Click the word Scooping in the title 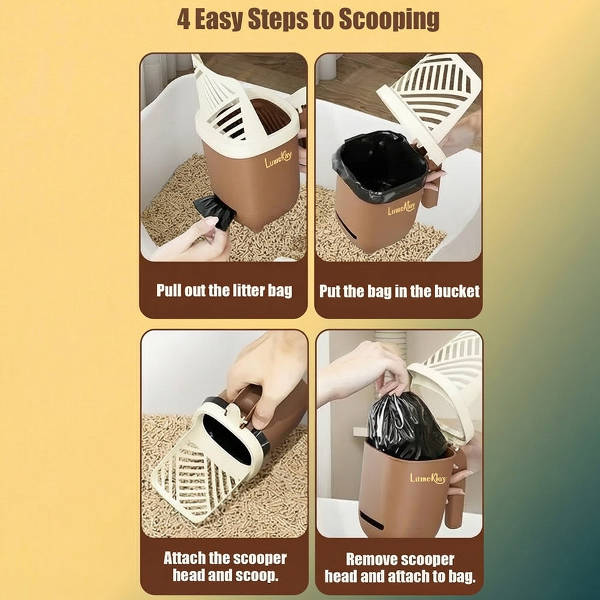(389, 19)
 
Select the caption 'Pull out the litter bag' (224, 291)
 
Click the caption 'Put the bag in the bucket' (399, 292)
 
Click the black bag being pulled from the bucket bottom (215, 211)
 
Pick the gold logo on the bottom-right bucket (428, 478)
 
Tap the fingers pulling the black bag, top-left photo (195, 237)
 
